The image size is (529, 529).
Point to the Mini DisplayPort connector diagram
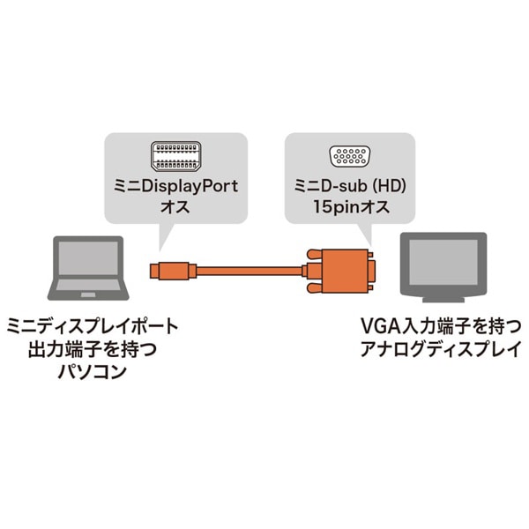[x=174, y=158]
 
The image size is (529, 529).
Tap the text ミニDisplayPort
[x=174, y=187]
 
